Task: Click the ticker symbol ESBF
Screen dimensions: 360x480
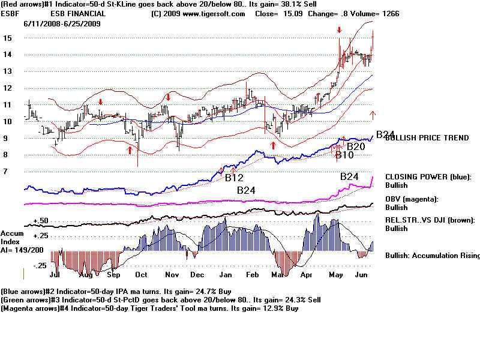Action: pyautogui.click(x=12, y=14)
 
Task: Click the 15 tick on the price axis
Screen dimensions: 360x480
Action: pyautogui.click(x=8, y=37)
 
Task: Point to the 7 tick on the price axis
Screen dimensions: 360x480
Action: pyautogui.click(x=6, y=171)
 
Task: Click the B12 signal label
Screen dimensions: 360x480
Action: pyautogui.click(x=234, y=178)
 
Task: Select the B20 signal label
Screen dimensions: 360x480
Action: pyautogui.click(x=356, y=146)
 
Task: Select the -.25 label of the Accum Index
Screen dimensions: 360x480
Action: pyautogui.click(x=40, y=265)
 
